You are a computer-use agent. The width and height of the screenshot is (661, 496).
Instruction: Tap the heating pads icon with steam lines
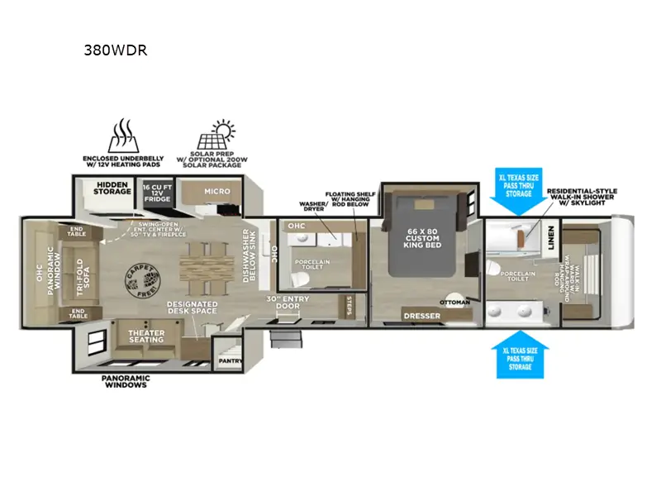(x=122, y=136)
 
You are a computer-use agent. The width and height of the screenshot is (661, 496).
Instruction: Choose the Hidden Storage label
(x=112, y=188)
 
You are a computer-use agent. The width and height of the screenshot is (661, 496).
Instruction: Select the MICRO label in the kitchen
(x=216, y=192)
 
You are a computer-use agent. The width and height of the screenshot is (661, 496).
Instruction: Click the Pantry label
(x=227, y=360)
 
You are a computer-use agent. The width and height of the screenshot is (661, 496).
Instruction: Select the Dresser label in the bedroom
(x=421, y=316)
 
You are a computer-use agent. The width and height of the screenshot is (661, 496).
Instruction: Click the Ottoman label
(x=455, y=302)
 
